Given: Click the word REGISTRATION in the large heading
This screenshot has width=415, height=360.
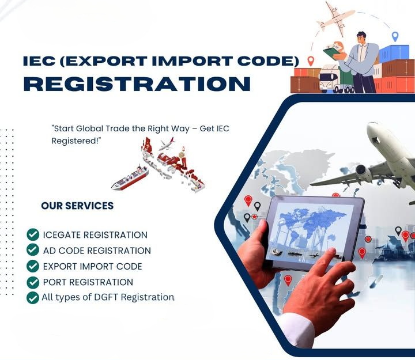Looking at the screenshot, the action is click(x=137, y=84).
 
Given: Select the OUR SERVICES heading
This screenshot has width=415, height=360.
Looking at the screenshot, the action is click(x=77, y=206).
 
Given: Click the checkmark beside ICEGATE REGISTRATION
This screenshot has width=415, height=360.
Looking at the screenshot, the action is click(x=33, y=234).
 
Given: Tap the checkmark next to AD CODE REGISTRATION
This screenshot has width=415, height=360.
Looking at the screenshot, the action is click(x=33, y=250).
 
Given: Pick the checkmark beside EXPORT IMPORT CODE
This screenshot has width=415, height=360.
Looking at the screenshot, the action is click(x=33, y=266).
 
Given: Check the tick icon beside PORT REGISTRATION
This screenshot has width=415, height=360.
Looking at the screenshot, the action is click(x=33, y=282).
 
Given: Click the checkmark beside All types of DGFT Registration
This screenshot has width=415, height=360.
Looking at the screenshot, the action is click(x=33, y=298).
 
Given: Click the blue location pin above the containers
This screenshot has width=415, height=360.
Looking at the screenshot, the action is click(x=395, y=36).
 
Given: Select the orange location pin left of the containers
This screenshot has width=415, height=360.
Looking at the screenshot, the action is click(x=311, y=60).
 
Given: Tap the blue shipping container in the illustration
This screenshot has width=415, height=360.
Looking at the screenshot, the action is click(x=394, y=54).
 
